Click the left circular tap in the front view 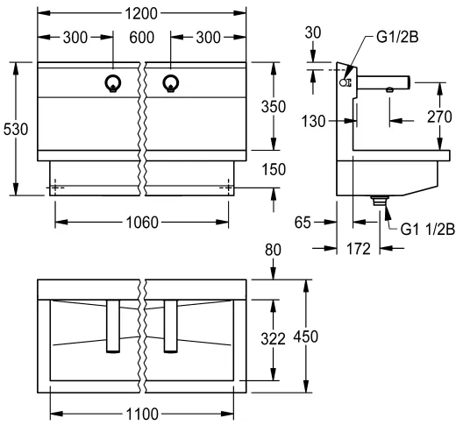[112, 84]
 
